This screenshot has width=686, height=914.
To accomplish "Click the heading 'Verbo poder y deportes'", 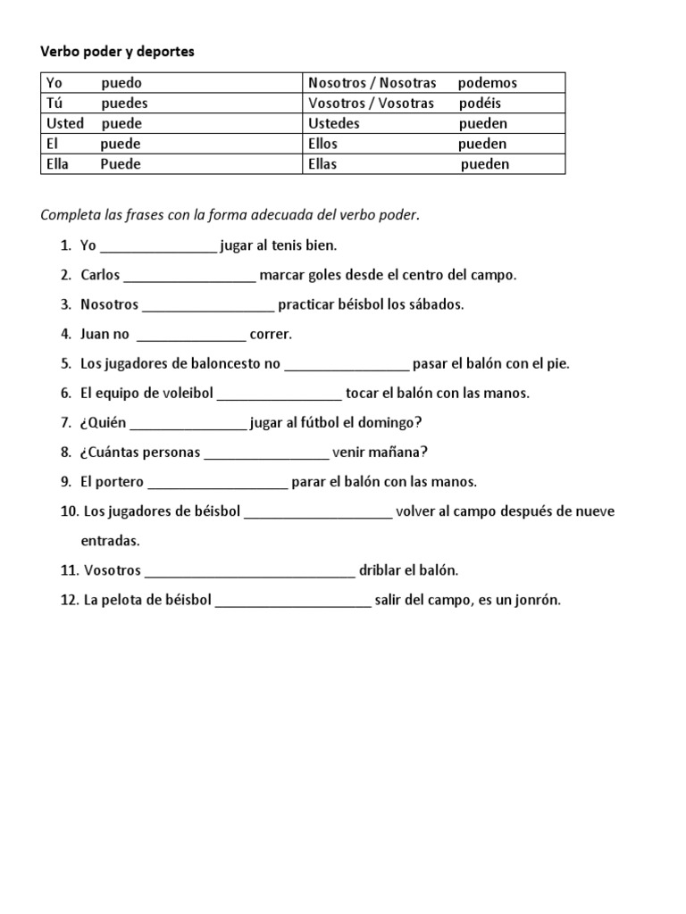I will tap(117, 53).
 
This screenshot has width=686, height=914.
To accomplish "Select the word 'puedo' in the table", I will tap(121, 83).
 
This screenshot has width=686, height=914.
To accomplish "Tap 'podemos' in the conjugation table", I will tap(487, 83).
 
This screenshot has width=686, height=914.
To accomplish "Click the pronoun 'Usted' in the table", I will tap(64, 123).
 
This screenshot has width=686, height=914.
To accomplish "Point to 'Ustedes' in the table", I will tap(333, 123).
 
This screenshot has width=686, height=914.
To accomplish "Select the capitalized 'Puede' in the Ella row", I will tap(121, 164).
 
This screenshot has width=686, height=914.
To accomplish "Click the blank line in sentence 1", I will tap(158, 246).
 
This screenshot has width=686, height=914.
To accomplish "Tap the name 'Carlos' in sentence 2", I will tap(100, 275).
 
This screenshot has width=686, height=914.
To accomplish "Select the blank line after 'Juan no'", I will tap(189, 335).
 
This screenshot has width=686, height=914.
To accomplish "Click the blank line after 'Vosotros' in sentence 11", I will tap(249, 570).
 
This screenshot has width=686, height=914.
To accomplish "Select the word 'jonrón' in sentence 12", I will tap(536, 600).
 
